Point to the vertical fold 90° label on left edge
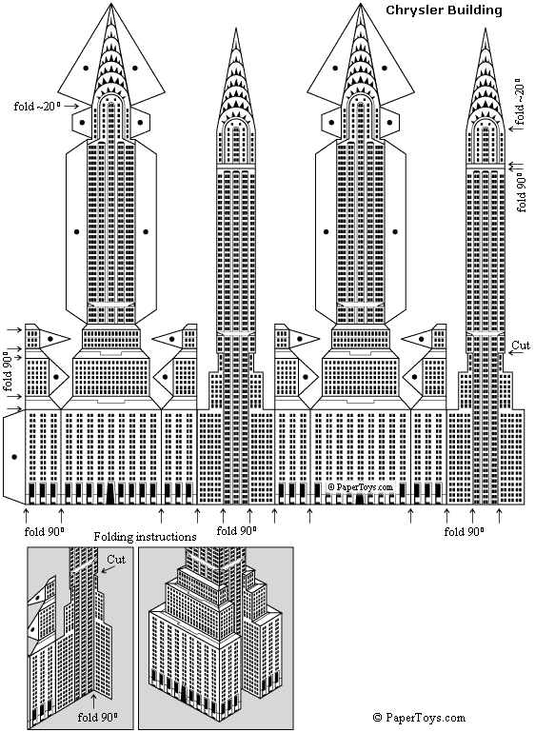(x=8, y=373)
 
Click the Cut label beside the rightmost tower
(x=521, y=345)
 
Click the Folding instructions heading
(x=145, y=537)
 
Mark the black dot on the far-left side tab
(x=13, y=458)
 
